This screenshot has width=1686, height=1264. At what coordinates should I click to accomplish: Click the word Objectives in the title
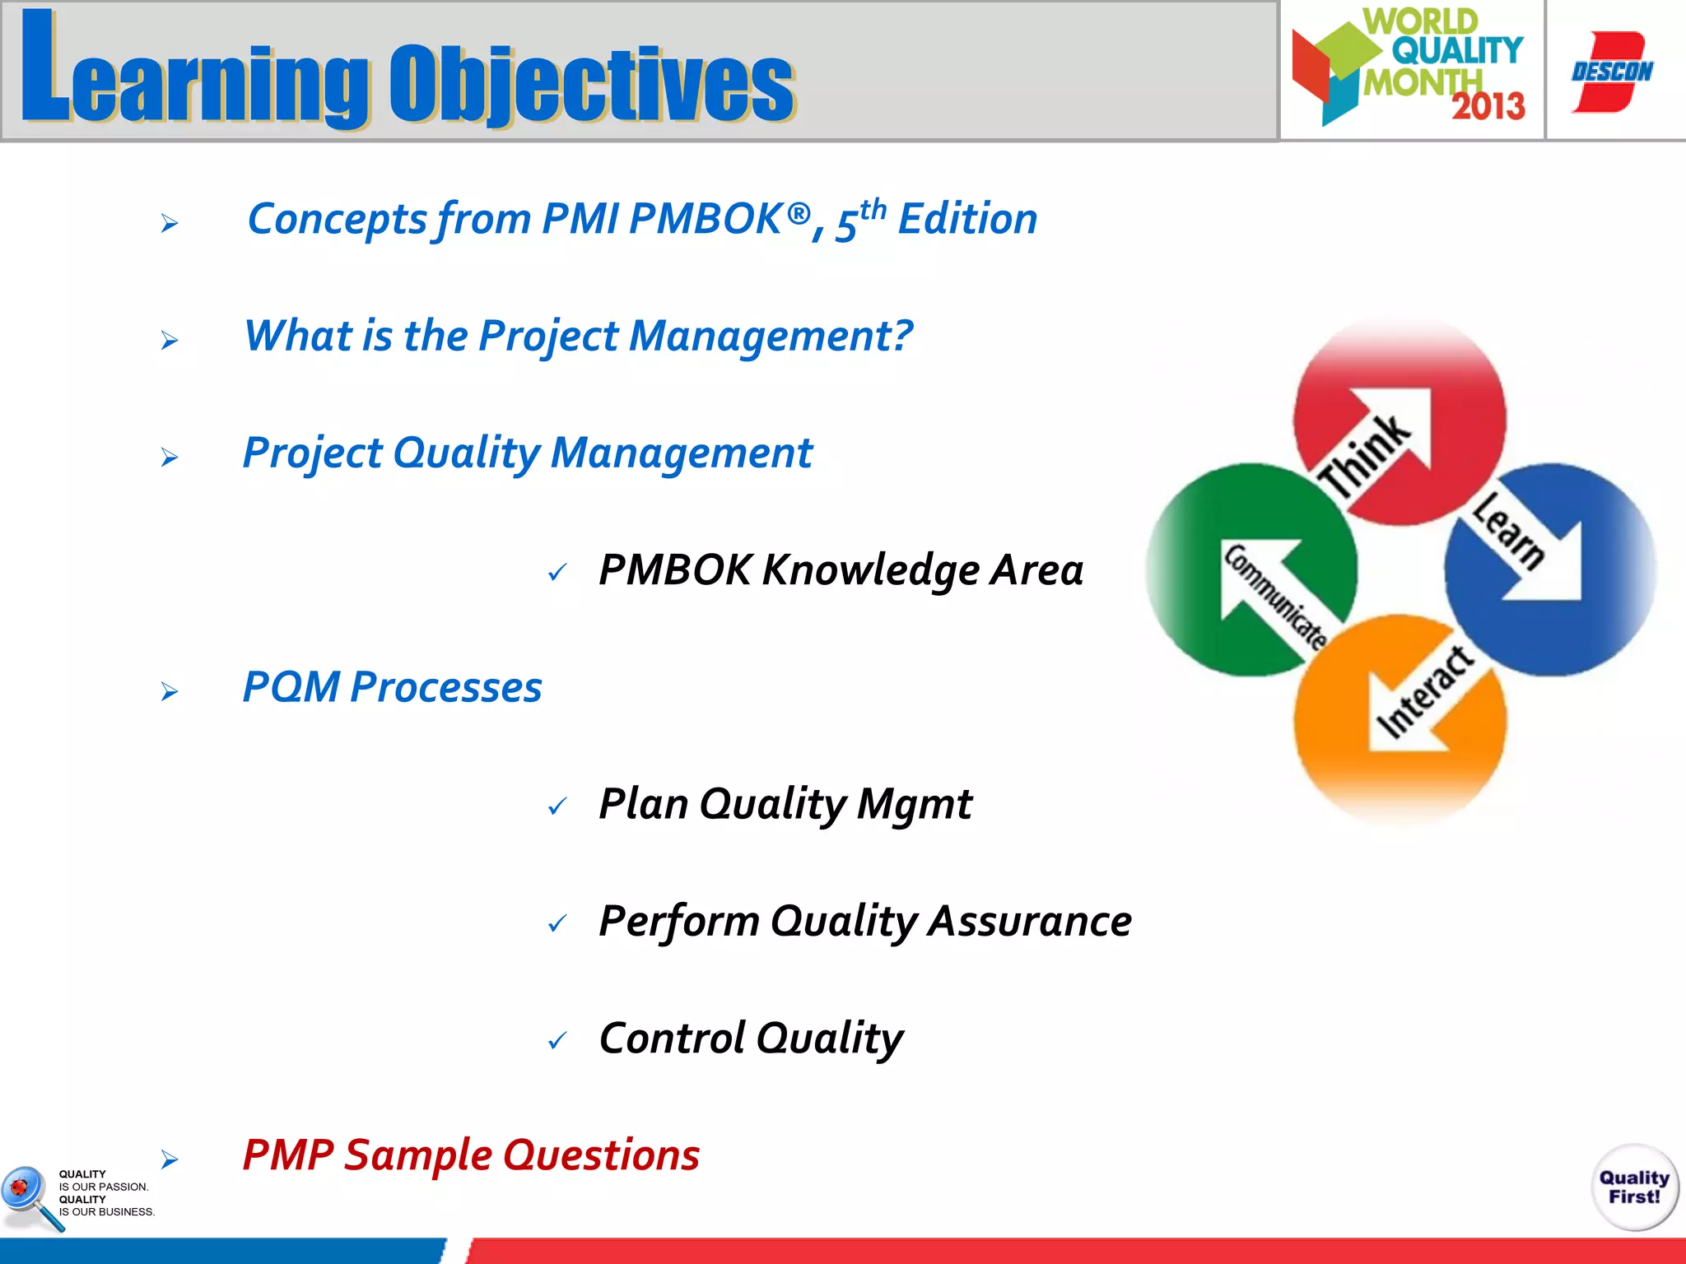591,82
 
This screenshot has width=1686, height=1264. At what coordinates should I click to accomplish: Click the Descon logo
1612,72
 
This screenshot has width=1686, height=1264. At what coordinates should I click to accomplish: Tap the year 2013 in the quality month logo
1488,106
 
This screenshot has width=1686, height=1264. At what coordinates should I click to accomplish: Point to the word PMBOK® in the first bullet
719,219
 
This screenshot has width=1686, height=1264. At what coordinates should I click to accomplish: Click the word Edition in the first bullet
967,219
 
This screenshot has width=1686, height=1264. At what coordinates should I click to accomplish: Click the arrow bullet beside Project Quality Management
170,457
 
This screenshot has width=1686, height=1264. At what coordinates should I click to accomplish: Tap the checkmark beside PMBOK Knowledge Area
557,572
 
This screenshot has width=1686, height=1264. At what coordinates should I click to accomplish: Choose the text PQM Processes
392,687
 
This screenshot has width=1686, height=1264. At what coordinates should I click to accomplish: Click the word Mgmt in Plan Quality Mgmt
914,804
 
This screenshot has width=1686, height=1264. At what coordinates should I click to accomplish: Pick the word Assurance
1030,921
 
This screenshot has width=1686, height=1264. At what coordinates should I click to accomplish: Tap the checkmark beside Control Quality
557,1041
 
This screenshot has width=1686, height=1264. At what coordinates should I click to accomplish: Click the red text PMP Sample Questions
471,1155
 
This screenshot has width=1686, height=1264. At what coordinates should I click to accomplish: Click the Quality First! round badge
1634,1187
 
